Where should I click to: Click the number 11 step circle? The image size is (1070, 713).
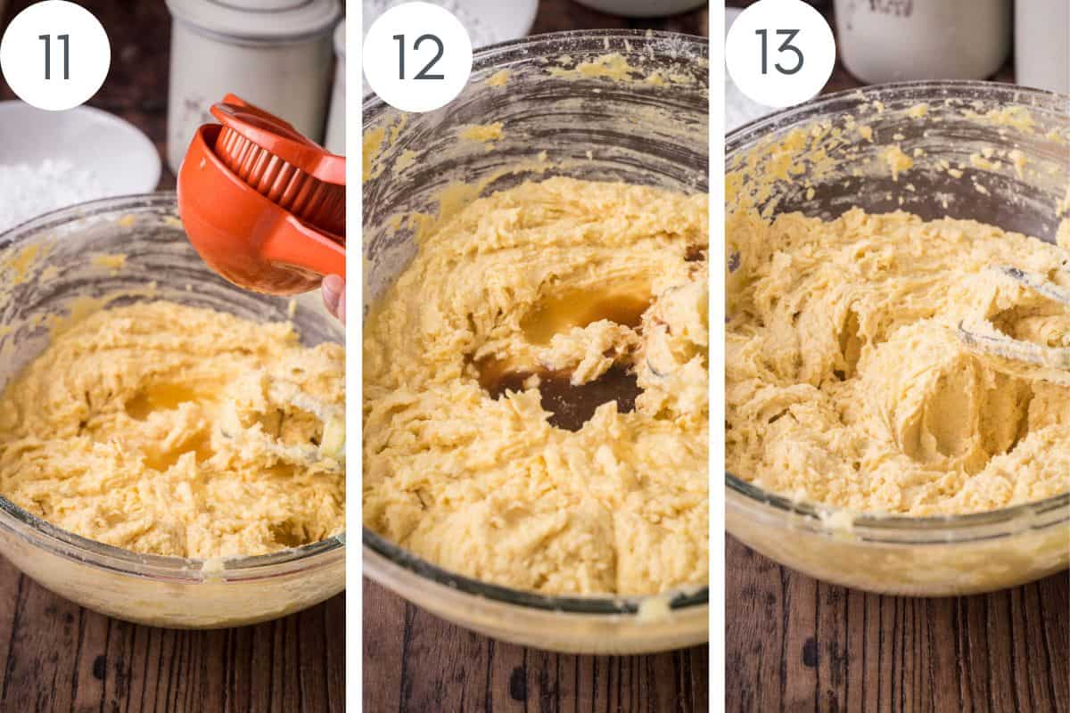coord(55,55)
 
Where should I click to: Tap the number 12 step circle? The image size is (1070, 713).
coord(417,56)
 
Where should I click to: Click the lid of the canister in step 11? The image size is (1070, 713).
coord(254,13)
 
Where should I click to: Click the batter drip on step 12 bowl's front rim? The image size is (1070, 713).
coord(655,608)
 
